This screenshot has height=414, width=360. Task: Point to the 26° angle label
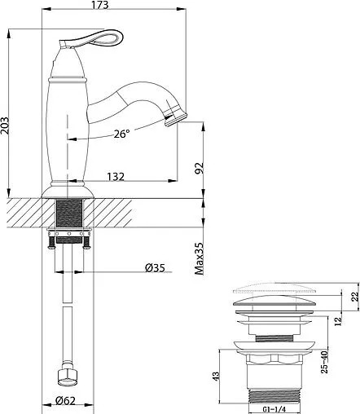[122, 134]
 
